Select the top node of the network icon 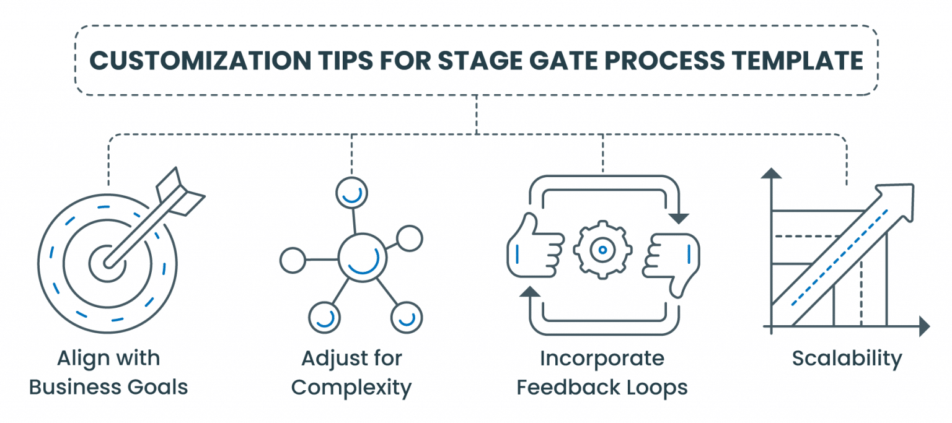pos(352,192)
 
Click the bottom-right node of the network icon pos(406,317)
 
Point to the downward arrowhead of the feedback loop pos(680,217)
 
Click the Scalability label pos(847,359)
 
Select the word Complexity pos(351,388)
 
